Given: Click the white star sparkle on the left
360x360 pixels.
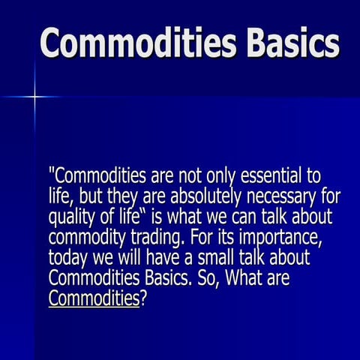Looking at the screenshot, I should pyautogui.click(x=34, y=96).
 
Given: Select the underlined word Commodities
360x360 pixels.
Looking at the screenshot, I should pyautogui.click(x=94, y=299).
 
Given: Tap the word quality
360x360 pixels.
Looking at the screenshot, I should pyautogui.click(x=72, y=217).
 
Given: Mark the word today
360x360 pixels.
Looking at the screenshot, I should pyautogui.click(x=68, y=258).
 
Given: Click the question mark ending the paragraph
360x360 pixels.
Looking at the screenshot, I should pyautogui.click(x=144, y=299).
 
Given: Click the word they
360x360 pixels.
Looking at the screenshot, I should pyautogui.click(x=127, y=197).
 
